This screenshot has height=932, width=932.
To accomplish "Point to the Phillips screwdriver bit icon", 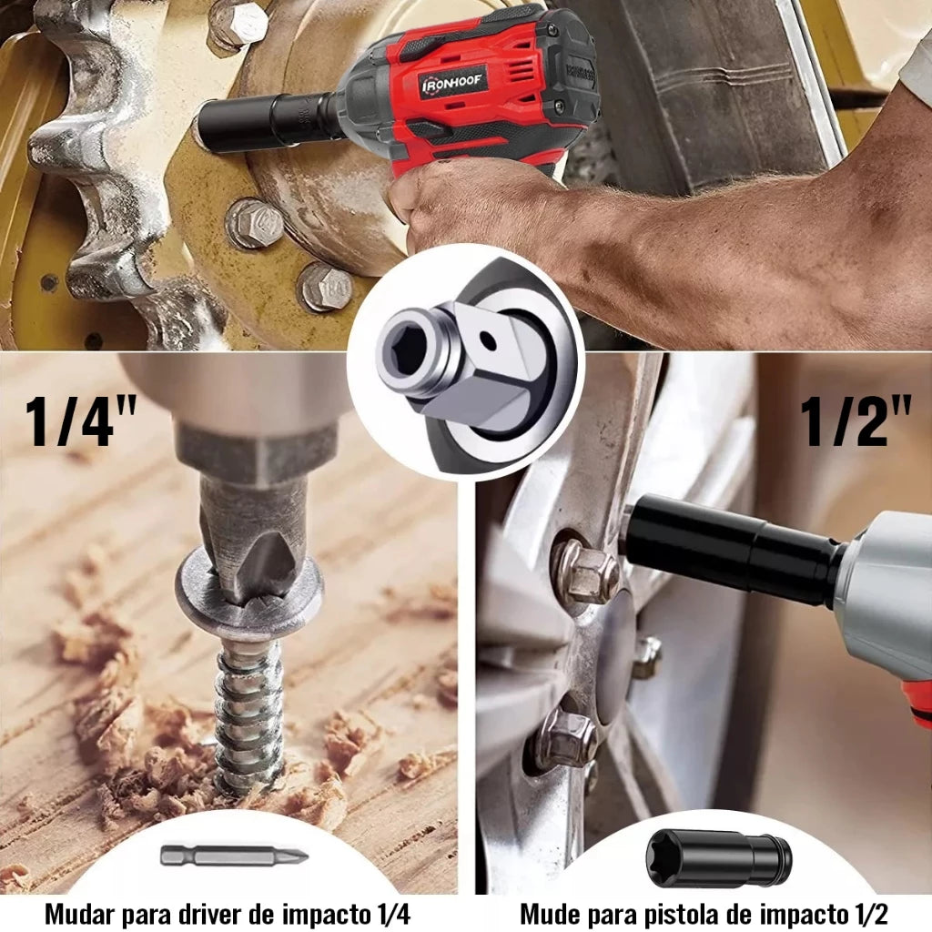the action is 234,856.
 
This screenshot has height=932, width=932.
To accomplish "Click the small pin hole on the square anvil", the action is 488,340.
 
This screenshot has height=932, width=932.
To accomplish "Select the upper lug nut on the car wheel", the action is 585,570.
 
